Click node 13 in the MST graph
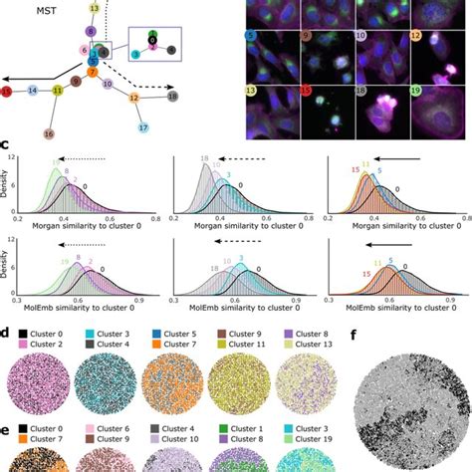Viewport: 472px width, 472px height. click(x=94, y=8)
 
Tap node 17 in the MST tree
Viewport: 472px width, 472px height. click(x=117, y=128)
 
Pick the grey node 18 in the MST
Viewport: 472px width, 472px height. click(x=172, y=97)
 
